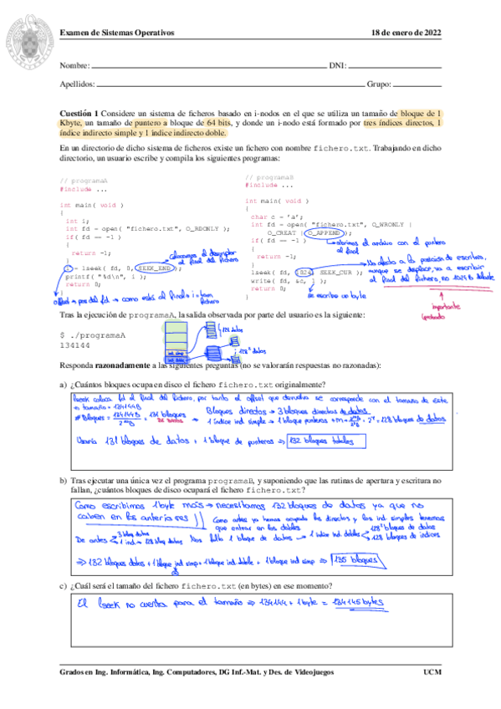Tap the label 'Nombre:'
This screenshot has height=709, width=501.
point(74,65)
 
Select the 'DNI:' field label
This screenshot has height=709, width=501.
point(337,65)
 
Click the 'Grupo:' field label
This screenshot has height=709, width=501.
point(379,84)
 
